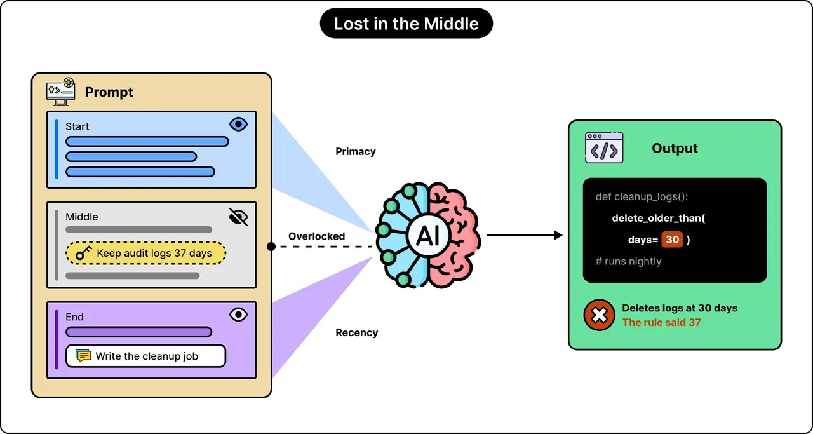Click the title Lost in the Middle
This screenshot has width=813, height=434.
406,24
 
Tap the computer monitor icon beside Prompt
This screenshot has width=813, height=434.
61,92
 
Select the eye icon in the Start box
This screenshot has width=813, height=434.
238,124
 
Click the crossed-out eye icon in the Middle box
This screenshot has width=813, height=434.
238,217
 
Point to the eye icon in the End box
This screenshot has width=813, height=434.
238,315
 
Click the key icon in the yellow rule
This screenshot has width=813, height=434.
83,253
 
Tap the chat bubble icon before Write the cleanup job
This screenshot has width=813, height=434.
83,356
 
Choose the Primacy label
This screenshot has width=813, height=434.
355,151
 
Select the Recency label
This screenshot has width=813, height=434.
356,332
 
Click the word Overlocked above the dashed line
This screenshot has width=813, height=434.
316,236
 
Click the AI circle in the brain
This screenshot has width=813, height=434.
428,236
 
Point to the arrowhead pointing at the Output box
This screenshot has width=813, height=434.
558,235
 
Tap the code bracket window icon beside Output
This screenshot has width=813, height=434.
604,148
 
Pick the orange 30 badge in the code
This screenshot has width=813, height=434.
672,240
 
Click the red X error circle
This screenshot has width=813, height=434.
599,315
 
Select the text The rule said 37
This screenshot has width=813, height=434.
661,323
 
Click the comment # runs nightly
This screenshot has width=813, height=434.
628,261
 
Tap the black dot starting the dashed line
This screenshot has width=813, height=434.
271,247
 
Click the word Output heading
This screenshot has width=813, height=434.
675,148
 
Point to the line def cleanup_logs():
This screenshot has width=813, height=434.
642,197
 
